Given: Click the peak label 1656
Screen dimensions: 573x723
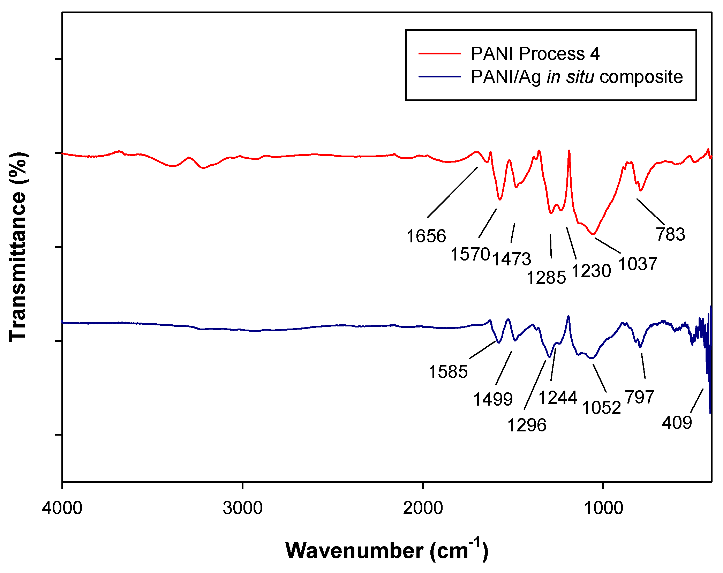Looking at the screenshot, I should pos(426,236).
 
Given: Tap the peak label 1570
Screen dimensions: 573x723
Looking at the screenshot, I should pos(470,254).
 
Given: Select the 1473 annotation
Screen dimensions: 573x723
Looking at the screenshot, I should pos(511,259).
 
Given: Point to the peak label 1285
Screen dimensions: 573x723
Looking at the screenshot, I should pos(546,278).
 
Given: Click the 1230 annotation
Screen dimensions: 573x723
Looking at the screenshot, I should pos(591,271).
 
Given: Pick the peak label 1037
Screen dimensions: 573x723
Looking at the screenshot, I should pos(638,264).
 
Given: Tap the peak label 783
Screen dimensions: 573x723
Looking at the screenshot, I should pos(670,234).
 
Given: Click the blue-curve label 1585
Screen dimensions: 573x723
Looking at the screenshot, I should pos(448,371).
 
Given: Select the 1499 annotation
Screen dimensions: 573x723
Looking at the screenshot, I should pos(492,399).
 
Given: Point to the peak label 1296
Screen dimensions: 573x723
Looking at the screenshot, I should pos(527,425).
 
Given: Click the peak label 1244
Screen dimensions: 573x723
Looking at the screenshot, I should pos(558,398).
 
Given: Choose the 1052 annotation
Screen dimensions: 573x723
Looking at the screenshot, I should pos(602,407).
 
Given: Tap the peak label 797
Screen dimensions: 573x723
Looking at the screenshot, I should pos(639,397).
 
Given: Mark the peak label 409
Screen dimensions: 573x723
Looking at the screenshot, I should pos(677,422).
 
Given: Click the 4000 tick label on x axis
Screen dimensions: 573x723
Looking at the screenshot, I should pos(62,508).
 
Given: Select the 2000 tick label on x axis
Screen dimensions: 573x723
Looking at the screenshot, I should pos(423,508).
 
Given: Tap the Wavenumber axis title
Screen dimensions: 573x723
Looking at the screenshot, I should pos(386,551).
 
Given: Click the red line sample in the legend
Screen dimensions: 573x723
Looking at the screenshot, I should pos(439,53).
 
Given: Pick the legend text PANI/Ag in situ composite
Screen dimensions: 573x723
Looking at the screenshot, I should pos(577,77).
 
